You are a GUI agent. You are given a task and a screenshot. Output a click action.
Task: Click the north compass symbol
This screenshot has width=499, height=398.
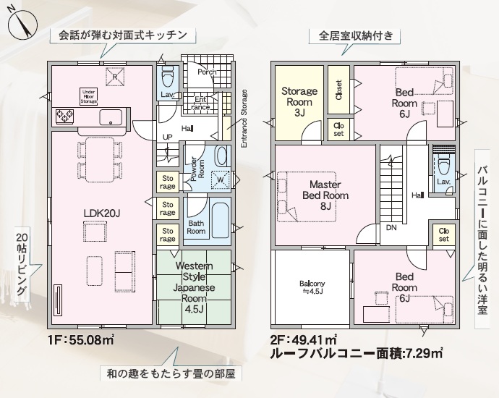(22, 25)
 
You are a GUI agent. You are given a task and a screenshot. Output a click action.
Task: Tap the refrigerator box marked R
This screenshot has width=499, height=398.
(115, 77)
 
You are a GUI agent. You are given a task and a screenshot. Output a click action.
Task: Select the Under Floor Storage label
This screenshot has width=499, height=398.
(88, 96)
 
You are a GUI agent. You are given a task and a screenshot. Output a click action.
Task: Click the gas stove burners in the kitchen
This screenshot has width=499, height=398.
(64, 117)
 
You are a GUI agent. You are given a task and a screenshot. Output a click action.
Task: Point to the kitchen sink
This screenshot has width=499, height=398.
(111, 117)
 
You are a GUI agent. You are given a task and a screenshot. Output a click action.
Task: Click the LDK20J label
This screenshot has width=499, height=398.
(101, 213)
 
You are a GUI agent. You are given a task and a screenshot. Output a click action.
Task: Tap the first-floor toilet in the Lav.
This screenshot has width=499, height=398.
(167, 77)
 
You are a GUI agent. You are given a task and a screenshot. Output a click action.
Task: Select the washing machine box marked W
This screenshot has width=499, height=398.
(221, 179)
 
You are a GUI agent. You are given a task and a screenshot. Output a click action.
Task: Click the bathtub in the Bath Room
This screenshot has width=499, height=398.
(220, 221)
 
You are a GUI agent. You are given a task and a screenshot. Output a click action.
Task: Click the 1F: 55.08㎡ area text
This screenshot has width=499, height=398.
(81, 340)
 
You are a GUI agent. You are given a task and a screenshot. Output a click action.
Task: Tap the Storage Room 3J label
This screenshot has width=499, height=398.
(299, 102)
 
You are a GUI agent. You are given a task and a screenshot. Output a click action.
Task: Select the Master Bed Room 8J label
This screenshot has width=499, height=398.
(325, 195)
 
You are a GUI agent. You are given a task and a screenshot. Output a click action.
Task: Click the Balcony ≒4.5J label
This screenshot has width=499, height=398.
(312, 287)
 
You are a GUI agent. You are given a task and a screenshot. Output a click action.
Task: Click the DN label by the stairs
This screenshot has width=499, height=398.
(391, 228)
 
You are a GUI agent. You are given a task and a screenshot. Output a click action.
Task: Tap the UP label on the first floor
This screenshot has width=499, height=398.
(167, 137)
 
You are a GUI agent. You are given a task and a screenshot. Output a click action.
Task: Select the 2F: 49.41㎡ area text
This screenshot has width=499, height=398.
(304, 340)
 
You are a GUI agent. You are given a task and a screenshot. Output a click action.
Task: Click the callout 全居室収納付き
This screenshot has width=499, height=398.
(355, 35)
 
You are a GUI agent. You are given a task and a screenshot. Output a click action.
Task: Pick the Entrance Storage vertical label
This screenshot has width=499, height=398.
(244, 119)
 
